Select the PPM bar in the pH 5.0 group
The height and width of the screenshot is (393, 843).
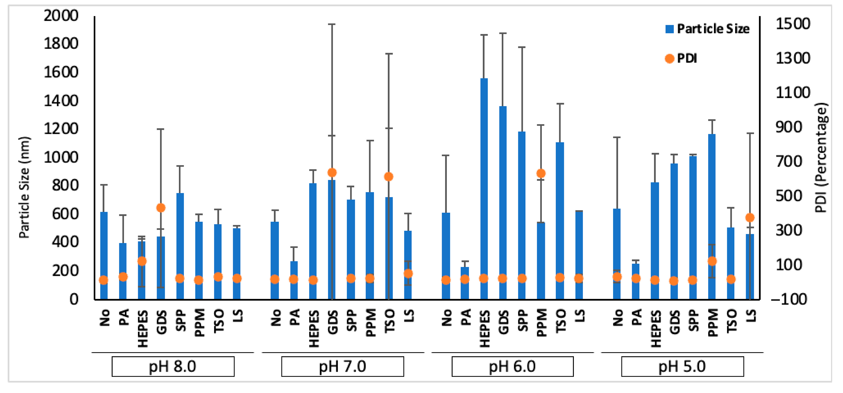(x=712, y=216)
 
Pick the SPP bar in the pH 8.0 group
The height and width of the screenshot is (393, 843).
(x=180, y=246)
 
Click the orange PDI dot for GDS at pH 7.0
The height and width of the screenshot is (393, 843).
(x=332, y=173)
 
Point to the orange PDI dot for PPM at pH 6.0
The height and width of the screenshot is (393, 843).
(x=541, y=174)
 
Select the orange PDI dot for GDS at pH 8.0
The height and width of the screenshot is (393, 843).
(x=161, y=208)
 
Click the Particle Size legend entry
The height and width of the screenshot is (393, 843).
(x=707, y=29)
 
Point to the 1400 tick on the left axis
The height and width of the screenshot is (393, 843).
(x=61, y=100)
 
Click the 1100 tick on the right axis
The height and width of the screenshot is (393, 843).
(x=793, y=93)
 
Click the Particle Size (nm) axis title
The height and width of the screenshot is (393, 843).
(x=24, y=187)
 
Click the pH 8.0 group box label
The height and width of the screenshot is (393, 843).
(x=173, y=366)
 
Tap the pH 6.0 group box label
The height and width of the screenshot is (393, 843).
(x=513, y=366)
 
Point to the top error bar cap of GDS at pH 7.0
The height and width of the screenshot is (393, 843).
(x=332, y=24)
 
